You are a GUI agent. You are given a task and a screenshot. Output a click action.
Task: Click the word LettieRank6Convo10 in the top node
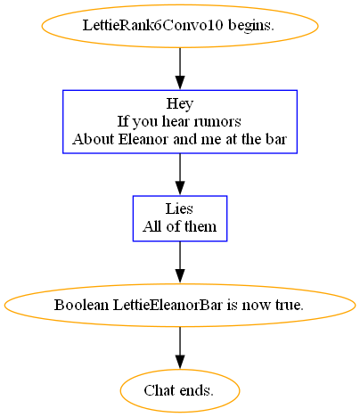pos(152,25)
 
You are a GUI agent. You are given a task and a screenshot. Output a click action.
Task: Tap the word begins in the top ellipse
pos(251,26)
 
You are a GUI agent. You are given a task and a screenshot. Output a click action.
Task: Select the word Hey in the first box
pos(180,104)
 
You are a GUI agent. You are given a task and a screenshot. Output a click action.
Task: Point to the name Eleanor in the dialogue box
pos(143,139)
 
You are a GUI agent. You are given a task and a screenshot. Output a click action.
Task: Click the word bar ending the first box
pos(276,139)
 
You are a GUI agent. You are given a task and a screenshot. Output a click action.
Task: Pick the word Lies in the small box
pos(179,208)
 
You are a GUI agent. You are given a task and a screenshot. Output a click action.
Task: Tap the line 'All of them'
pos(179,226)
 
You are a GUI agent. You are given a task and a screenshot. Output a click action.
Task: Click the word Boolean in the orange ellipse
pos(81,305)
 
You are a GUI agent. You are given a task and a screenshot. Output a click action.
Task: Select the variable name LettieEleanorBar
pos(168,305)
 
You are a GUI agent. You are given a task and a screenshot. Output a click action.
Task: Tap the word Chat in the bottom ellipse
pos(158,390)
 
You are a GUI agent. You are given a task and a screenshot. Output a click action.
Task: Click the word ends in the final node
pos(195,390)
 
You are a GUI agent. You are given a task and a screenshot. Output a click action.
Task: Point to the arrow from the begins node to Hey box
pos(180,69)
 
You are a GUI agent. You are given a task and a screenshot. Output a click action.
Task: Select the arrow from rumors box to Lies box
pos(180,175)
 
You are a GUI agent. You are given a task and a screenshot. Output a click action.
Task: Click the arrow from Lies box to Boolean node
pos(180,262)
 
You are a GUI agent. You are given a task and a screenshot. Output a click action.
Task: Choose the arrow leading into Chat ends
pos(180,348)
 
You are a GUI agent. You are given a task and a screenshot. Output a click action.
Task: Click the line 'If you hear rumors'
pos(179,121)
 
